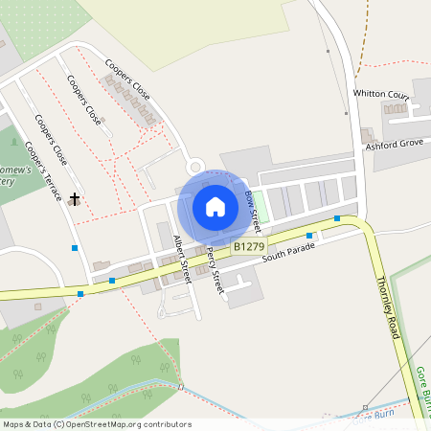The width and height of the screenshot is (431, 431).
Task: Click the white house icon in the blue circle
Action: click(215, 207)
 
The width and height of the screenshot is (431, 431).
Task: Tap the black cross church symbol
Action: click(74, 198)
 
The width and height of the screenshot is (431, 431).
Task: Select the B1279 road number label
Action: click(248, 246)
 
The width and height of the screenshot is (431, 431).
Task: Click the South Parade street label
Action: click(288, 252)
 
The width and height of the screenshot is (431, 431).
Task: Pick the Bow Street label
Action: click(253, 210)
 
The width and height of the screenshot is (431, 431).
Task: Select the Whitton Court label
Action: click(381, 95)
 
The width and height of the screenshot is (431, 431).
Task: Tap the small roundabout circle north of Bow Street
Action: click(196, 166)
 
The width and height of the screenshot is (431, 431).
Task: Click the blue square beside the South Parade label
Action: click(309, 235)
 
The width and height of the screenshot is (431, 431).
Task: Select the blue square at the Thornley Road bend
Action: click(337, 218)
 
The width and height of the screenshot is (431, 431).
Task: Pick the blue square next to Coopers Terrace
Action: click(75, 248)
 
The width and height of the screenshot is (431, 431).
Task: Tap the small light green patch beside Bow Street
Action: click(256, 198)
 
